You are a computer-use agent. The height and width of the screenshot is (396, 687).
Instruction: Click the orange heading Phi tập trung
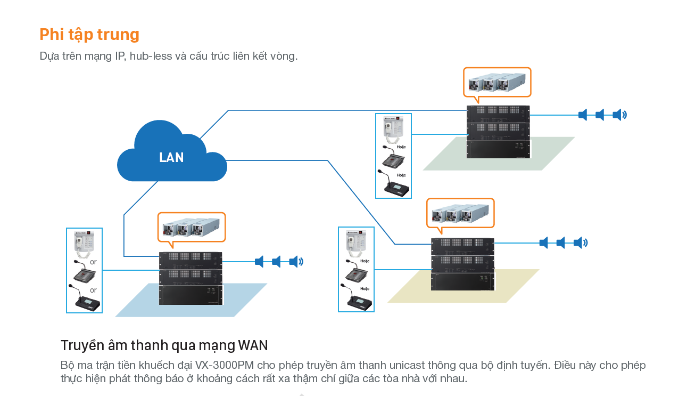pos(89,35)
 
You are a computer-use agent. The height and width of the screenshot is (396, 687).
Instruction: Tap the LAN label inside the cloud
pos(171,158)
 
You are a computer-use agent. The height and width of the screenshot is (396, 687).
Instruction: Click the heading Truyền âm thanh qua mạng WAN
pos(164,345)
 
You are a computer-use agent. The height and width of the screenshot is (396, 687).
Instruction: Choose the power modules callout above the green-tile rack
pos(497,83)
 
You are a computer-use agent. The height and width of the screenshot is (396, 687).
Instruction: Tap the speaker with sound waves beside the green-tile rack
pos(619,115)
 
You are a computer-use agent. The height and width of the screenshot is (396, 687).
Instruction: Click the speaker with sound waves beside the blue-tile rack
pos(295,262)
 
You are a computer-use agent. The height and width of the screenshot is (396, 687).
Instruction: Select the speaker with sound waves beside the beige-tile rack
pos(580,243)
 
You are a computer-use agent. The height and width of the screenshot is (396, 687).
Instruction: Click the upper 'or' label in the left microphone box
pos(94,262)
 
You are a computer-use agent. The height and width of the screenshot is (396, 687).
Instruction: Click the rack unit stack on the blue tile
pos(191,278)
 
